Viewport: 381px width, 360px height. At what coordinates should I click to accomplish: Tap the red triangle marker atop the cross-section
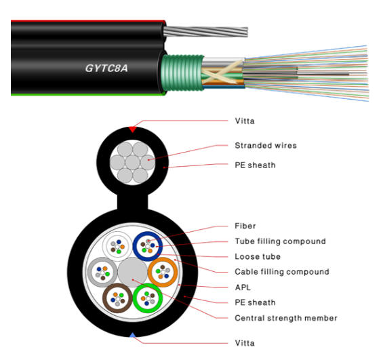[x=132, y=127]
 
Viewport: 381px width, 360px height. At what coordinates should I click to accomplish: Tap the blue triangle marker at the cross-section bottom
[x=132, y=334]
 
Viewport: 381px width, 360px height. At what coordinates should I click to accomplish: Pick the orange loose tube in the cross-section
[x=162, y=273]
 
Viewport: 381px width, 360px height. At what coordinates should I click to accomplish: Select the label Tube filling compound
[x=280, y=241]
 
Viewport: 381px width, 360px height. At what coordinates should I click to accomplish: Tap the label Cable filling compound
[x=281, y=272]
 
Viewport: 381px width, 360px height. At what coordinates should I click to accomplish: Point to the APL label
[x=243, y=287]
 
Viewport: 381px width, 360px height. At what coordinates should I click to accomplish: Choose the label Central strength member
[x=285, y=318]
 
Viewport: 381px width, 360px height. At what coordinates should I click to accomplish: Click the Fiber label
[x=245, y=226]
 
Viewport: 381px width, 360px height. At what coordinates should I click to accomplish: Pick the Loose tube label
[x=257, y=257]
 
